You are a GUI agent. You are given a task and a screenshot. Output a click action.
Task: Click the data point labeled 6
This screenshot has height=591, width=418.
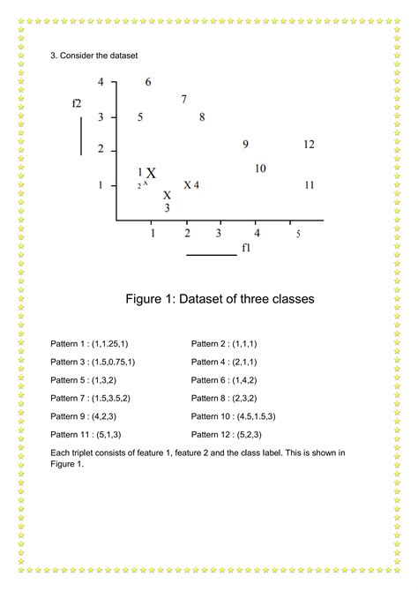(x=148, y=82)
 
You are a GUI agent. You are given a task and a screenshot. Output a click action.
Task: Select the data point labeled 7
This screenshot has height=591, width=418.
(x=183, y=100)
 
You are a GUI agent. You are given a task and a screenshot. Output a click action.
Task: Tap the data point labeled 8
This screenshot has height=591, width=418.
(x=202, y=116)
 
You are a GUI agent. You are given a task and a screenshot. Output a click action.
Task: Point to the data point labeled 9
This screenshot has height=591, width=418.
(x=245, y=144)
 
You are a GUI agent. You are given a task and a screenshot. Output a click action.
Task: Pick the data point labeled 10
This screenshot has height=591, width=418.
(x=260, y=168)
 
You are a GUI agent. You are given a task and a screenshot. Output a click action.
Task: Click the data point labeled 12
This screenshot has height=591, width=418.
(x=309, y=144)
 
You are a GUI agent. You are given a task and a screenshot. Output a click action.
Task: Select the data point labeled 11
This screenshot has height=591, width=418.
(x=309, y=185)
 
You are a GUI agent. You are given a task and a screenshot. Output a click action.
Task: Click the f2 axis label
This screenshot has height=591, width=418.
(x=77, y=103)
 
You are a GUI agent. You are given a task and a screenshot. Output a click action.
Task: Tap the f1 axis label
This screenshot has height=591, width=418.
(x=246, y=249)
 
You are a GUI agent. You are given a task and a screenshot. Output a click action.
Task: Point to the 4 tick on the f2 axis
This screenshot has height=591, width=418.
(x=101, y=82)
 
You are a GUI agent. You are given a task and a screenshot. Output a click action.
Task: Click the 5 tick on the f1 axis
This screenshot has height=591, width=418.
(x=298, y=234)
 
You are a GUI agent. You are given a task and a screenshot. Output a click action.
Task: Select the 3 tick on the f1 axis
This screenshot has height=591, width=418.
(x=219, y=233)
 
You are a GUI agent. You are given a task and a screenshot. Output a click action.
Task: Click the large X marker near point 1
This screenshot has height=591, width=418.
(x=151, y=174)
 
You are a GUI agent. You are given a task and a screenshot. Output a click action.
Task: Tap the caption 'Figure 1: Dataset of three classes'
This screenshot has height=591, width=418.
(x=220, y=299)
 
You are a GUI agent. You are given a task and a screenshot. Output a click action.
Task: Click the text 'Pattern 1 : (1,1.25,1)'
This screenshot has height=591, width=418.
(x=95, y=342)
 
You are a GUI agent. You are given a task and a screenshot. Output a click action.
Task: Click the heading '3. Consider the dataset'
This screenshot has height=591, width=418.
(x=94, y=56)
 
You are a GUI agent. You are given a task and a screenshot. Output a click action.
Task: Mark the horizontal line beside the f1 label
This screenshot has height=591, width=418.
(x=212, y=255)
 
